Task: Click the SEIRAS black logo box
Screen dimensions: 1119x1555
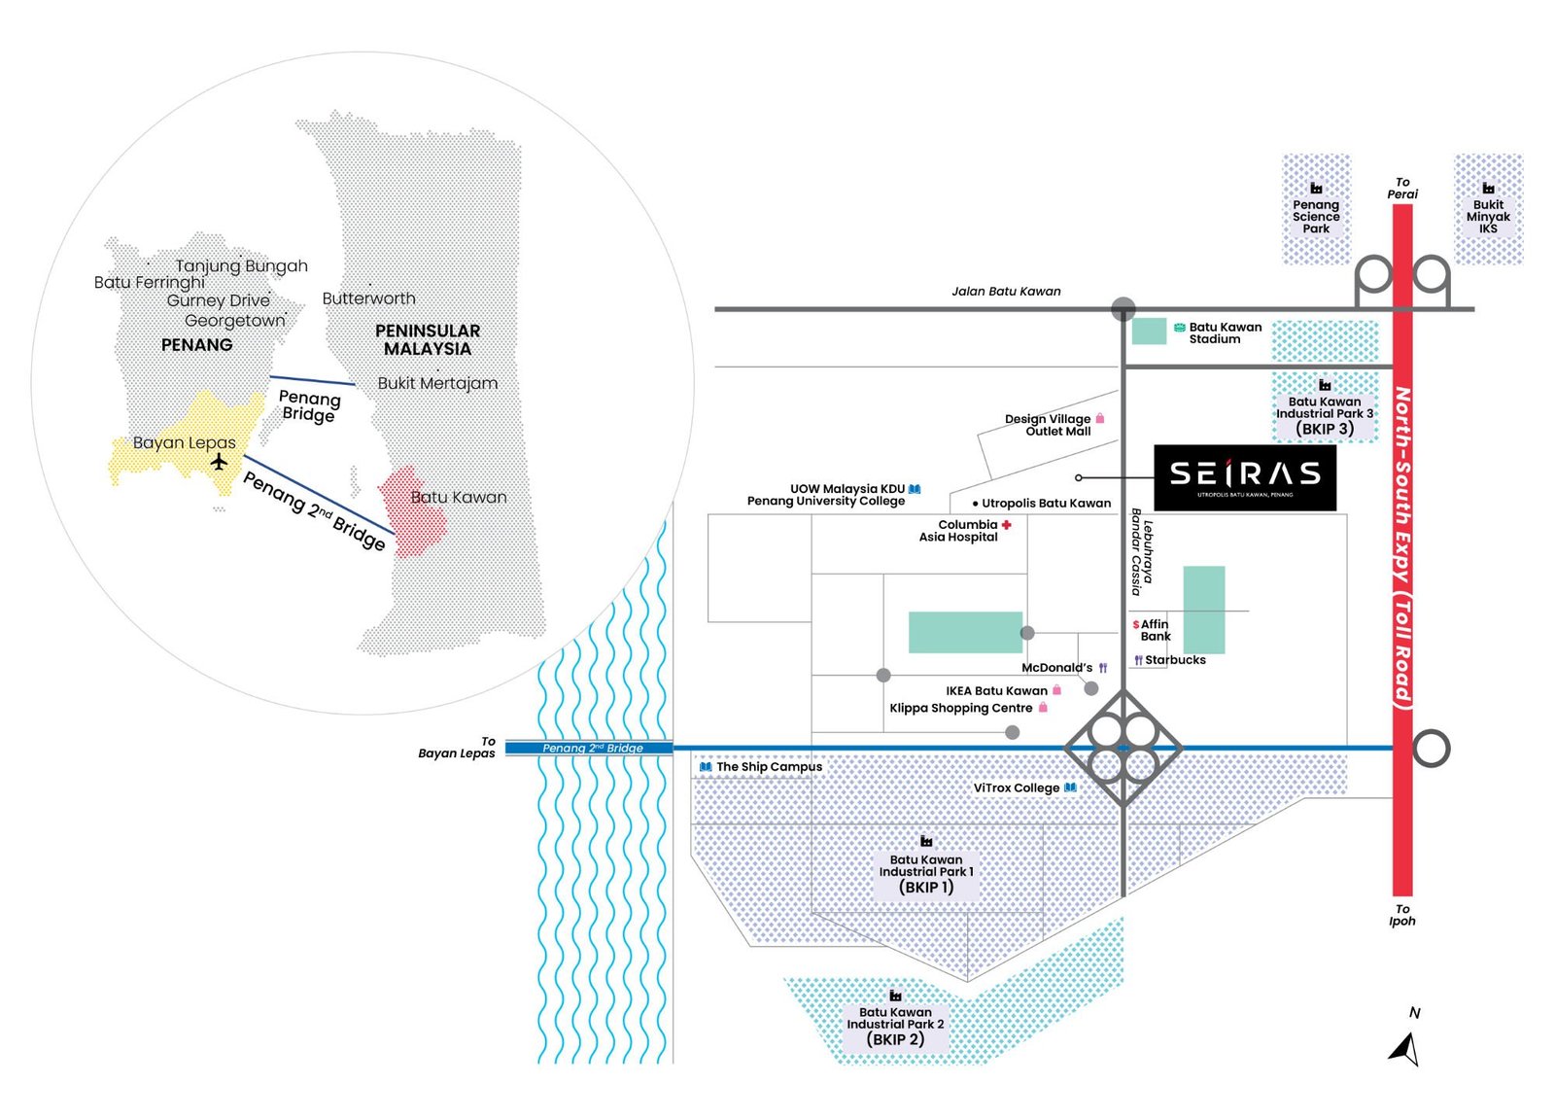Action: click(x=1244, y=476)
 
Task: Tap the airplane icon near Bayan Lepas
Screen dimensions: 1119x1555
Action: click(x=220, y=461)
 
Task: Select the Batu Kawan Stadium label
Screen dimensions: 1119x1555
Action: click(x=1225, y=332)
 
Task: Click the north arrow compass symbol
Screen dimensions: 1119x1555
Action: click(x=1405, y=1048)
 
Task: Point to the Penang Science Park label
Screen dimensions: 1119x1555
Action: click(x=1316, y=216)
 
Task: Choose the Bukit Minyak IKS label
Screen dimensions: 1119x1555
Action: click(x=1488, y=216)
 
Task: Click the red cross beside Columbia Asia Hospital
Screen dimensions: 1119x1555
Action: click(x=1007, y=525)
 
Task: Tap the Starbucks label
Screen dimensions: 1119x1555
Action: click(x=1174, y=660)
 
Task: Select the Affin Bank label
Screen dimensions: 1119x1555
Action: click(x=1155, y=630)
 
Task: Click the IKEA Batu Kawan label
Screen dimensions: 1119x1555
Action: click(x=996, y=691)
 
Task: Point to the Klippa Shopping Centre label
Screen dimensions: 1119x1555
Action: click(x=960, y=708)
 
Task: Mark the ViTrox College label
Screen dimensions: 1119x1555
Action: click(x=1016, y=787)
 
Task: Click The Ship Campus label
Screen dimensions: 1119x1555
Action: click(x=769, y=767)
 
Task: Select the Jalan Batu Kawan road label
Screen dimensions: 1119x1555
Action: click(x=1006, y=291)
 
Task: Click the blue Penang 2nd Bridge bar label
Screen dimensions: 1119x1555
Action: click(x=592, y=748)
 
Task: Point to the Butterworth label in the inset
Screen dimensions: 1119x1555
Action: click(x=368, y=298)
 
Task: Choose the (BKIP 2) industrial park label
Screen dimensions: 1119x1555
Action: click(x=895, y=1039)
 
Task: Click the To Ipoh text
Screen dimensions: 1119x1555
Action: click(x=1401, y=915)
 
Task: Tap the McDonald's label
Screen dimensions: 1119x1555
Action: click(x=1056, y=668)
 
